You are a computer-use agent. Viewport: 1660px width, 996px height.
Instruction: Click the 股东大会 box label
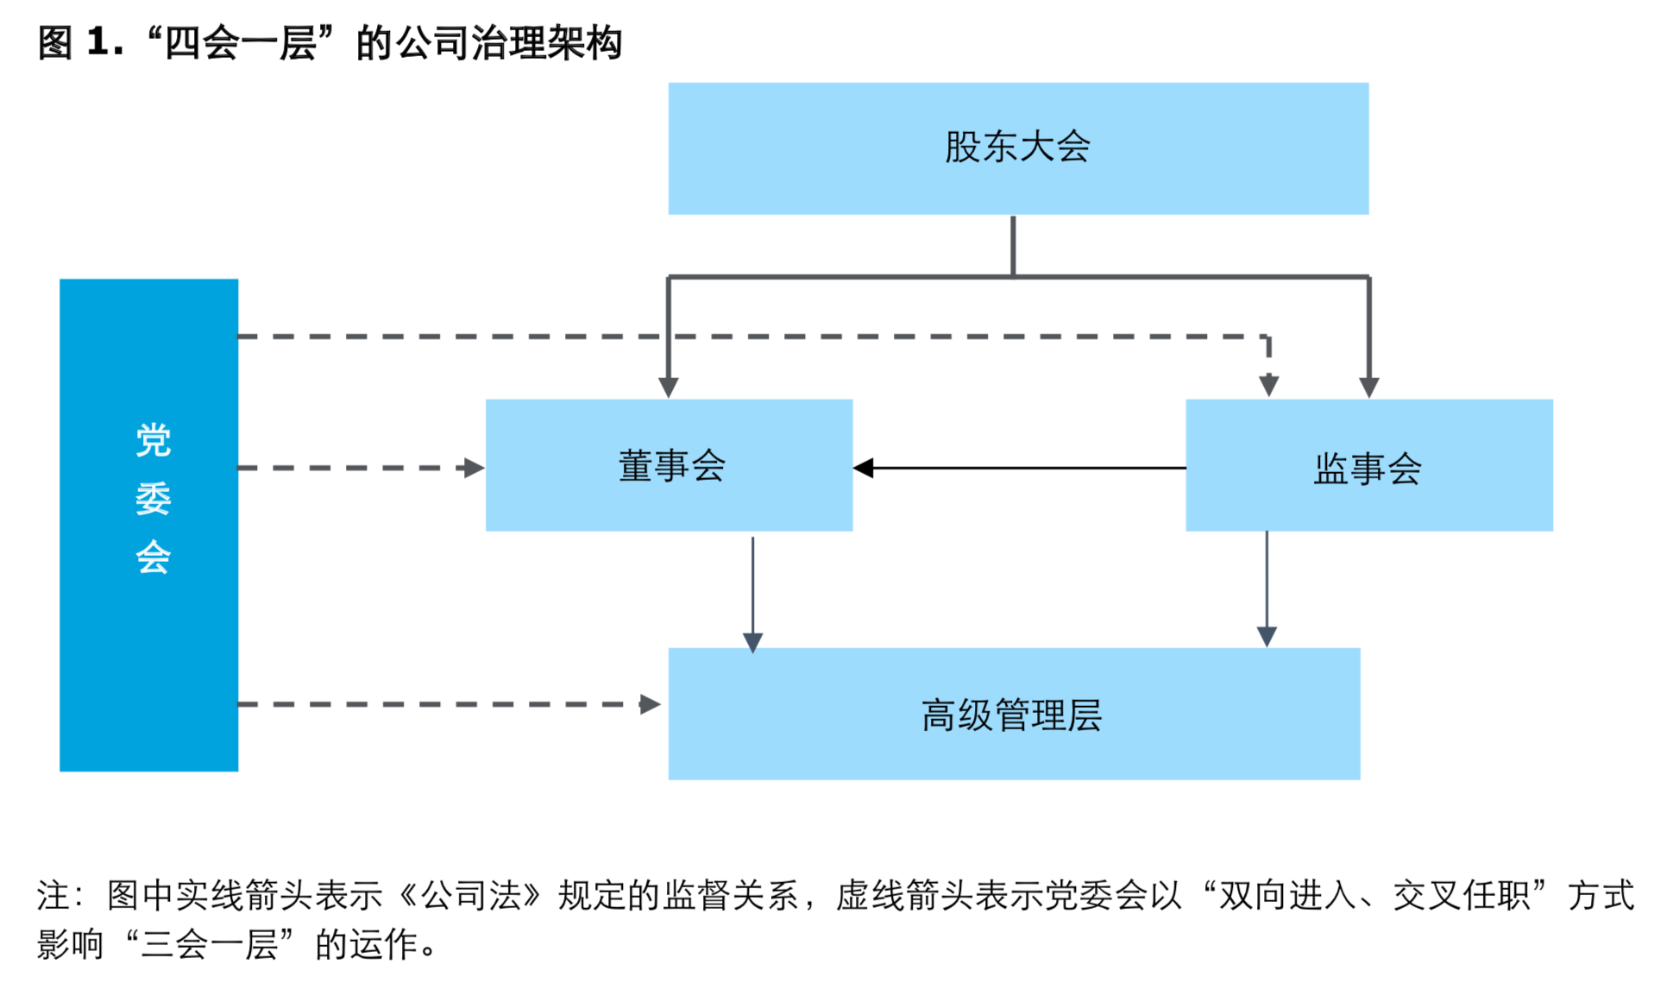(x=1017, y=147)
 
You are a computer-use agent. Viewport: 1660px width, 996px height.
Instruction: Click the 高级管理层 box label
(x=1012, y=715)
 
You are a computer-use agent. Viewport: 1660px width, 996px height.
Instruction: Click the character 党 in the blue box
(x=154, y=440)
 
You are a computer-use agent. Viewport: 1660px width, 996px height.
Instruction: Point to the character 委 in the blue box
(x=154, y=499)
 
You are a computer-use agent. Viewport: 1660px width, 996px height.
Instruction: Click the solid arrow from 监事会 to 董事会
(x=1018, y=468)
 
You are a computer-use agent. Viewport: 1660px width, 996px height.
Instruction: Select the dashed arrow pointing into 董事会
(x=362, y=468)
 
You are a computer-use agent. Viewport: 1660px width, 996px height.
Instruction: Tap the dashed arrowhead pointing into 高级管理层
(x=650, y=704)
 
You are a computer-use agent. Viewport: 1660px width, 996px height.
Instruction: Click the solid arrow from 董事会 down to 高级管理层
(x=752, y=596)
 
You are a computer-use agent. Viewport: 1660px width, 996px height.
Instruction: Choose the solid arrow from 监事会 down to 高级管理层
(x=1267, y=587)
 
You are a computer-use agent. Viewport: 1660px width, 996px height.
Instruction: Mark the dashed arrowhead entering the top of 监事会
(x=1268, y=385)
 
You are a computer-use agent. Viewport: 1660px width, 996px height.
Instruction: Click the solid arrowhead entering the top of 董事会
(x=669, y=387)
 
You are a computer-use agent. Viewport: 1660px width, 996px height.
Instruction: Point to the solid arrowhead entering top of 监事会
(x=1369, y=387)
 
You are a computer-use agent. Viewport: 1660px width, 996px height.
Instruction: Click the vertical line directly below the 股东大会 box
(x=1013, y=246)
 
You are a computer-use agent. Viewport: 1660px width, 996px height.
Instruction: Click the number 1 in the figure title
(x=98, y=42)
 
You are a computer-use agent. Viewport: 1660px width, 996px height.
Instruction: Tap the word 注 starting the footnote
(x=52, y=895)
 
